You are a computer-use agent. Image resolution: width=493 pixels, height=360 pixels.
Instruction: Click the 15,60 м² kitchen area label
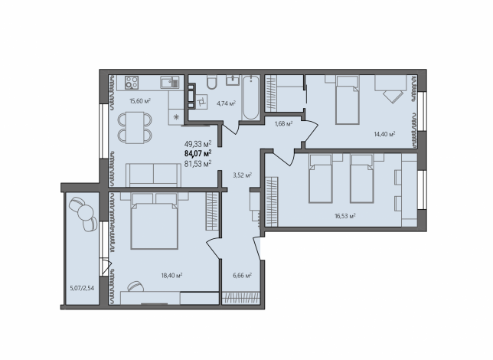pos(140,101)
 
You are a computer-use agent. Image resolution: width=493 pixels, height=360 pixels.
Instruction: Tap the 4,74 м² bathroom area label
pos(226,103)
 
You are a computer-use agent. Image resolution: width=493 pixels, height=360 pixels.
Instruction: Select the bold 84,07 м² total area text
pos(198,153)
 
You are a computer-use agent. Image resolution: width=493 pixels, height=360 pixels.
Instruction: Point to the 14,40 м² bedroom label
pos(384,134)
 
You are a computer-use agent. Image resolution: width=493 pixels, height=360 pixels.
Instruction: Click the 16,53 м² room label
pos(345,216)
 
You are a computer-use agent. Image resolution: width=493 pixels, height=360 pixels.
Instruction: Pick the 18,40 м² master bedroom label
pos(172,275)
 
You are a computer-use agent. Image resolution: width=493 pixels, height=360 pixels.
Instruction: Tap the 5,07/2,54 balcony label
pos(82,288)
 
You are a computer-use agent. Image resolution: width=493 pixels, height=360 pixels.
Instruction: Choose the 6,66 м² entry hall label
pos(242,276)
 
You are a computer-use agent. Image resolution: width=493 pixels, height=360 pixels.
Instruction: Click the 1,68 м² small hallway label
pos(283,123)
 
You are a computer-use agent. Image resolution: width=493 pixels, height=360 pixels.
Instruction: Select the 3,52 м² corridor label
pos(242,175)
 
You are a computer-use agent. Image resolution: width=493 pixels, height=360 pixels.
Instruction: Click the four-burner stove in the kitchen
pos(132,83)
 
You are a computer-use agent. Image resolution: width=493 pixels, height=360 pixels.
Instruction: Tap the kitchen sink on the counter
pos(170,83)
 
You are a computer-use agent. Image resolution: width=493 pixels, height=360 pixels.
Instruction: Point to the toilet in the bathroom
pos(211,82)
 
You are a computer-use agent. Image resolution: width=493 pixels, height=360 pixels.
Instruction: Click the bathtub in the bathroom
pos(250,97)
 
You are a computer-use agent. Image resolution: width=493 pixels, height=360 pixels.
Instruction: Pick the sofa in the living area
pos(153,175)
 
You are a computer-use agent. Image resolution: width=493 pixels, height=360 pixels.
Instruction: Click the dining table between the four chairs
pos(135,127)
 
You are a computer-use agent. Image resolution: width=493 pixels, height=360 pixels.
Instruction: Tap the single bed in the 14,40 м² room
pos(348,100)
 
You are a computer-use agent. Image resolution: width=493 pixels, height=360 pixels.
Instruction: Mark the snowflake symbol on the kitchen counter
pos(176,118)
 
